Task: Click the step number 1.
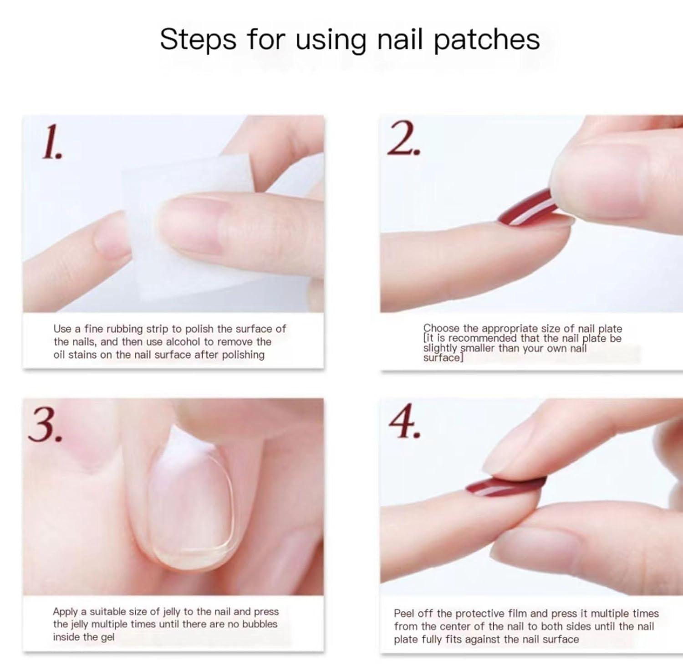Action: (x=51, y=143)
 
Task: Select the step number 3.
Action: (x=44, y=425)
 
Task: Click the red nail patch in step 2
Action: (x=528, y=207)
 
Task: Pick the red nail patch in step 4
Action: (x=505, y=486)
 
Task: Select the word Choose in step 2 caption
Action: (x=442, y=329)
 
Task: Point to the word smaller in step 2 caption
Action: (x=477, y=349)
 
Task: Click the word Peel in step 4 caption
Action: (x=404, y=614)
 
